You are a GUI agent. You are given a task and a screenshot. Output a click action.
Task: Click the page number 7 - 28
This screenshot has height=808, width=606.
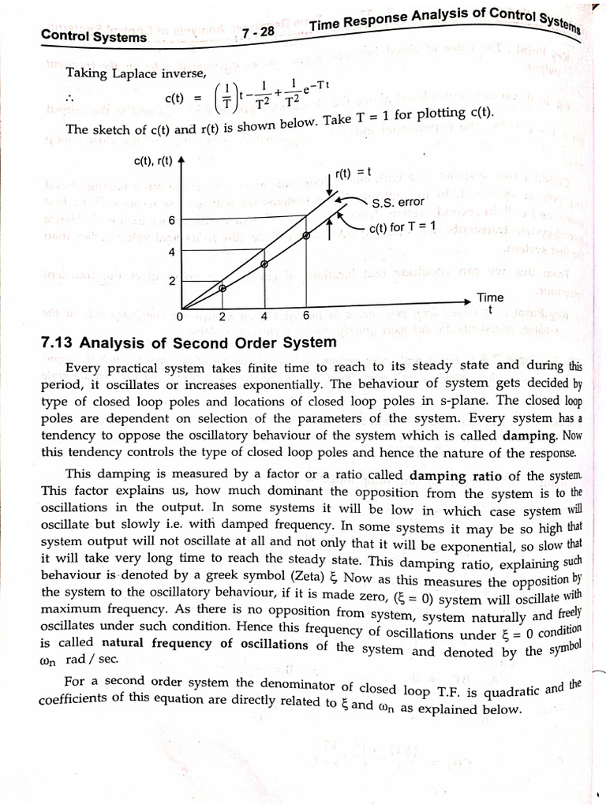258,32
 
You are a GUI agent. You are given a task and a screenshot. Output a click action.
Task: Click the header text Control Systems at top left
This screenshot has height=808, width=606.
93,36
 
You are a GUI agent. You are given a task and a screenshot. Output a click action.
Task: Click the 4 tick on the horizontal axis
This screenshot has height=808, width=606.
264,316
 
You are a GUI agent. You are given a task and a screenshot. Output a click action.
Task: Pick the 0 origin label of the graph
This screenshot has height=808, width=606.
179,316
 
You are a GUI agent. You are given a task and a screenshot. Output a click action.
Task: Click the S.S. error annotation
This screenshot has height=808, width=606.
398,203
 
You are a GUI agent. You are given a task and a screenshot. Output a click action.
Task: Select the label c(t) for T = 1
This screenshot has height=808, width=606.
402,228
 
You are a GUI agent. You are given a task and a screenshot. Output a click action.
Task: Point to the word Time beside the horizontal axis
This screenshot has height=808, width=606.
489,297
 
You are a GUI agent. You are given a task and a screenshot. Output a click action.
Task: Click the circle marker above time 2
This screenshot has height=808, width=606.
223,289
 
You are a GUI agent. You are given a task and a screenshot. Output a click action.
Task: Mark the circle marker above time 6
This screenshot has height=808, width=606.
307,235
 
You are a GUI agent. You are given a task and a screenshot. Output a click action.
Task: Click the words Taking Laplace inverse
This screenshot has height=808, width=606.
135,73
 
